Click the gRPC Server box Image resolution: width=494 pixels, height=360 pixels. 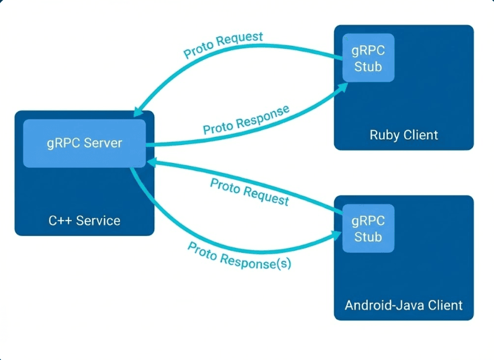84,143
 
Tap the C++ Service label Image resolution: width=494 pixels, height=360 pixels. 84,220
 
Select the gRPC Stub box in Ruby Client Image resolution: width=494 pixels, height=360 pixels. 368,58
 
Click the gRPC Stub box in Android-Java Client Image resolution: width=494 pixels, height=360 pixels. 368,229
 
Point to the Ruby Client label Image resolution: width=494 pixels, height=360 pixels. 404,134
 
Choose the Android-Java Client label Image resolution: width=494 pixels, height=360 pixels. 404,305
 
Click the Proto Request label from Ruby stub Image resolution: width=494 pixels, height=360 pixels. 223,46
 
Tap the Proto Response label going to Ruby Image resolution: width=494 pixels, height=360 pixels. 246,120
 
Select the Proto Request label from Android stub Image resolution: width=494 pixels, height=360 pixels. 249,191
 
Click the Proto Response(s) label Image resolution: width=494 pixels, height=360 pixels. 240,255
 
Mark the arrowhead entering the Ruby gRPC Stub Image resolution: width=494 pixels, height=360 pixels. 340,88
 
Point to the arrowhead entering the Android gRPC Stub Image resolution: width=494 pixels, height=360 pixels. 338,234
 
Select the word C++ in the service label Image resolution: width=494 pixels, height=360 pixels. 59,220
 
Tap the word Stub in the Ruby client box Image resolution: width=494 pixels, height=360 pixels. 368,66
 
